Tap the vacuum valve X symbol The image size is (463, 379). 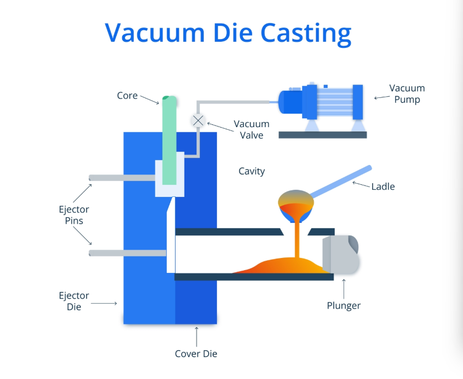click(198, 120)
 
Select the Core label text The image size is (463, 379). click(127, 95)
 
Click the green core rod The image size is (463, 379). click(169, 138)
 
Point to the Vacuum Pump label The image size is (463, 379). click(407, 94)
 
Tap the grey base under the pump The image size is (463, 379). click(323, 134)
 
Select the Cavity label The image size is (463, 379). click(252, 171)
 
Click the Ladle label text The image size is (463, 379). click(383, 186)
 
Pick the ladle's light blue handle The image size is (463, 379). click(341, 179)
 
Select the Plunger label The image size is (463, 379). click(344, 305)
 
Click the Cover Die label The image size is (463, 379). click(196, 354)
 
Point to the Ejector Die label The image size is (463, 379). click(74, 301)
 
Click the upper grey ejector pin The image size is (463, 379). click(121, 178)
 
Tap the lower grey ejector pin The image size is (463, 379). click(127, 253)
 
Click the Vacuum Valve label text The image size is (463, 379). click(252, 129)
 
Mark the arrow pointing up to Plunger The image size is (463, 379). click(344, 287)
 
